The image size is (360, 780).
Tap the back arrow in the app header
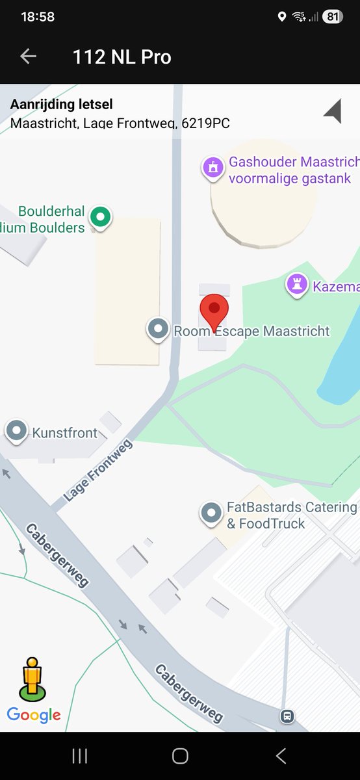tap(28, 57)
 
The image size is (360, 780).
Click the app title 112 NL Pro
tap(122, 57)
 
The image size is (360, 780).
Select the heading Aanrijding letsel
tap(62, 104)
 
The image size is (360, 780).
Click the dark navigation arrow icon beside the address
tap(333, 111)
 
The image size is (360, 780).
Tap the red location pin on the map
tap(213, 312)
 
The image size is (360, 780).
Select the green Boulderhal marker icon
tap(100, 216)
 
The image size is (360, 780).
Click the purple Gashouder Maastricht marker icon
tap(212, 167)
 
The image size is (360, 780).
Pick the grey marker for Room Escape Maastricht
tap(158, 329)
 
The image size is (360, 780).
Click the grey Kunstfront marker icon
tap(16, 431)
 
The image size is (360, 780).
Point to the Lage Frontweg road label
tap(98, 470)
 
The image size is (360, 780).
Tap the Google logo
tap(34, 716)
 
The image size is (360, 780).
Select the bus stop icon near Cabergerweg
tap(287, 716)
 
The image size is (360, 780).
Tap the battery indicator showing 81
tap(332, 17)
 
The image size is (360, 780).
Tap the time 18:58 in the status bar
tap(38, 17)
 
